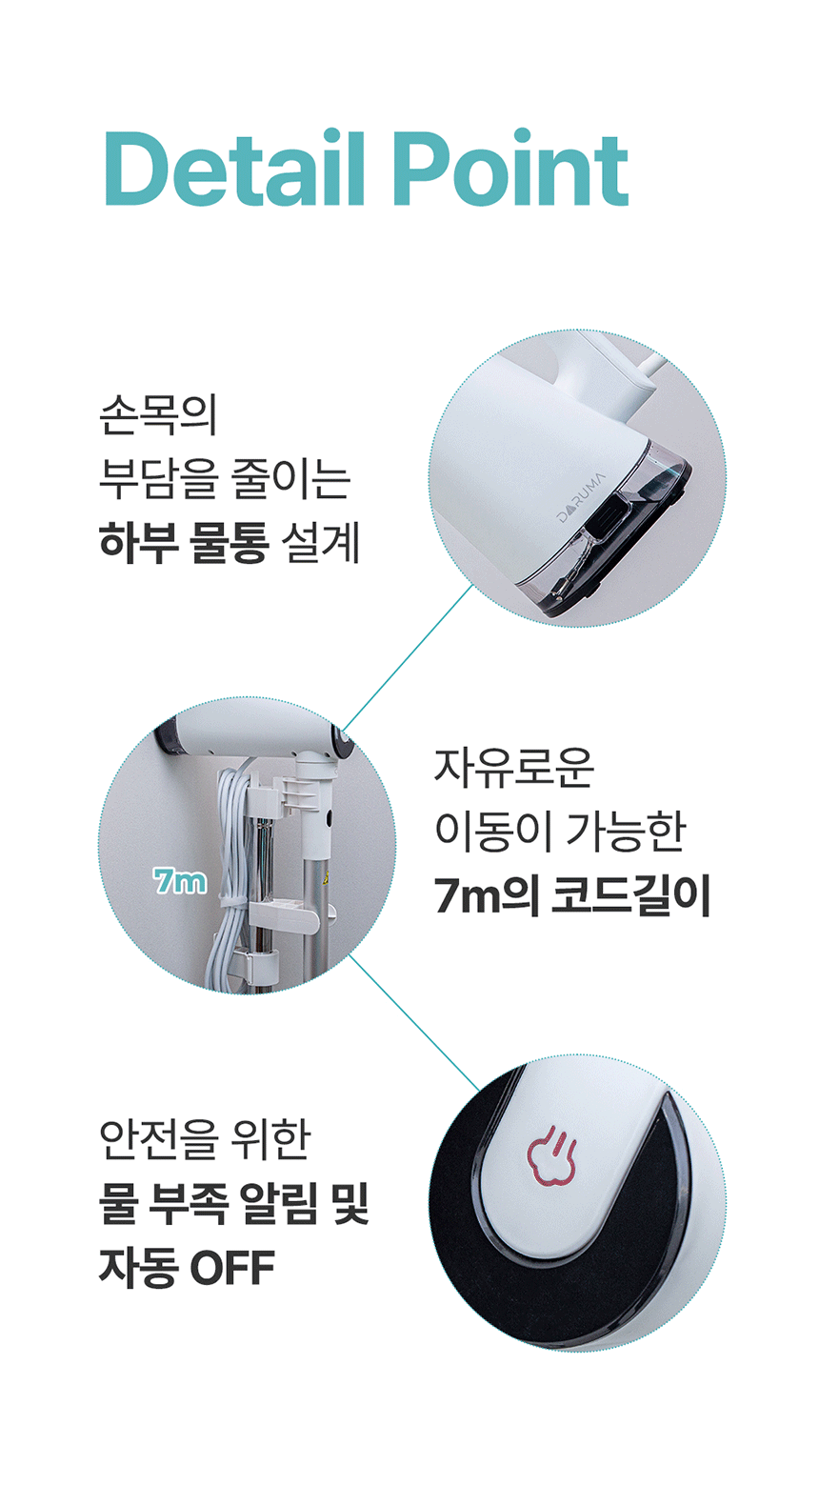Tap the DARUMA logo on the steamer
[x=581, y=497]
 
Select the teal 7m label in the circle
[x=180, y=881]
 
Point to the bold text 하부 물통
[x=184, y=542]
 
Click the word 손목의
[x=158, y=415]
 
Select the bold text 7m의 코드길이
[x=571, y=895]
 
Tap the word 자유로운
[x=513, y=768]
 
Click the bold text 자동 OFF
[x=187, y=1267]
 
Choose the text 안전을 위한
[x=205, y=1139]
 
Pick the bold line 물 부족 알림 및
[x=233, y=1203]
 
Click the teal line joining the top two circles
[x=408, y=657]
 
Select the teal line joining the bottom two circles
[x=413, y=1023]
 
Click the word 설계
[x=320, y=542]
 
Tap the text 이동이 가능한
[x=560, y=832]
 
